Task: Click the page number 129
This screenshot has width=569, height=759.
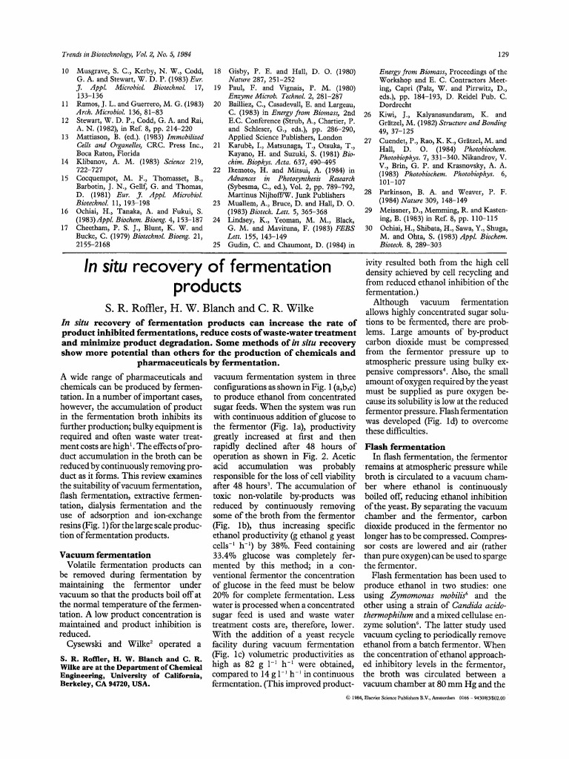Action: click(502, 55)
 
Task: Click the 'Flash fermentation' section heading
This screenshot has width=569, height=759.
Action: click(404, 448)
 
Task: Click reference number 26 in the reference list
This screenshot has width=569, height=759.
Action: click(368, 116)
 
